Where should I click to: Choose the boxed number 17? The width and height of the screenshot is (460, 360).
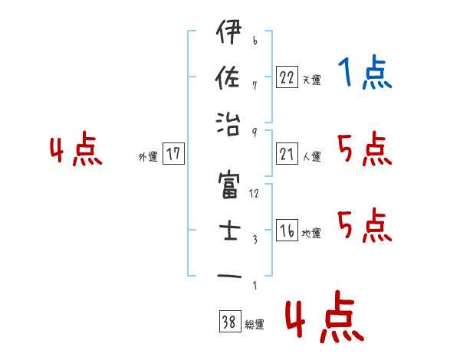173,155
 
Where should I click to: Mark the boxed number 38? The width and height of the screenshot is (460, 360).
229,323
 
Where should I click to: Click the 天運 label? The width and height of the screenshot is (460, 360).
312,80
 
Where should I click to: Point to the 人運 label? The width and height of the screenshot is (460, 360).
312,157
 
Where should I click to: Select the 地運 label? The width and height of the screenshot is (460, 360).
312,234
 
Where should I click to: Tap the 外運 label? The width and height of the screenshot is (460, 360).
148,157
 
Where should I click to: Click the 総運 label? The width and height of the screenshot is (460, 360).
255,325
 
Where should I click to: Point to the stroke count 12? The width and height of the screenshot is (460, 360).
254,194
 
